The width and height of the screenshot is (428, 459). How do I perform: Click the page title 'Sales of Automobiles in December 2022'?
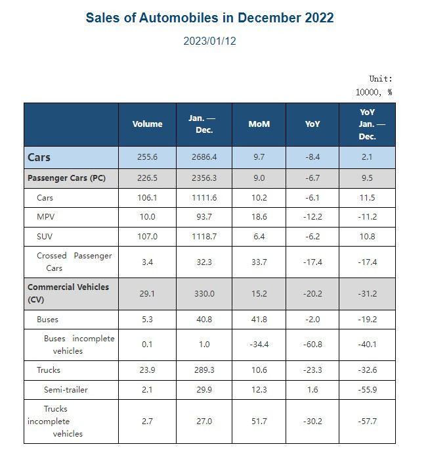209,18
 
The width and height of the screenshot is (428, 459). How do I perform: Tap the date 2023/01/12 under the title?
209,41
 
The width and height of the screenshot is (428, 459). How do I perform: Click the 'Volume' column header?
147,124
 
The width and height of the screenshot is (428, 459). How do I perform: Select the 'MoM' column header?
259,124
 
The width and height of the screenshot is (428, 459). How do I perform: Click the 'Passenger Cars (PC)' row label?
66,178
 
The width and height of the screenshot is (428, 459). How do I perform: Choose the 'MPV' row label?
45,216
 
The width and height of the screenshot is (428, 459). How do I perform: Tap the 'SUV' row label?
45,235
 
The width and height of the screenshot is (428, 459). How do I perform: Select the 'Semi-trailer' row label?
66,390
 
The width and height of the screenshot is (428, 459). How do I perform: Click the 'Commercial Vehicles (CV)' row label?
68,293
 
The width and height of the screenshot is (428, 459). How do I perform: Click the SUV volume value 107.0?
147,235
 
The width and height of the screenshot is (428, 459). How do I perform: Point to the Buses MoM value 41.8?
259,320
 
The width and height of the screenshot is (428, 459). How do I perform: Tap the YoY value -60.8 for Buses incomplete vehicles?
312,344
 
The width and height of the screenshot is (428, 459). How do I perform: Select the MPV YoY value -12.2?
312,216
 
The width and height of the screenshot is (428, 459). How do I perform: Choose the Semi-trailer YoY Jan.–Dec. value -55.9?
367,390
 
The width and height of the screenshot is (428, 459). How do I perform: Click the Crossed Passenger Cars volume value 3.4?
147,261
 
